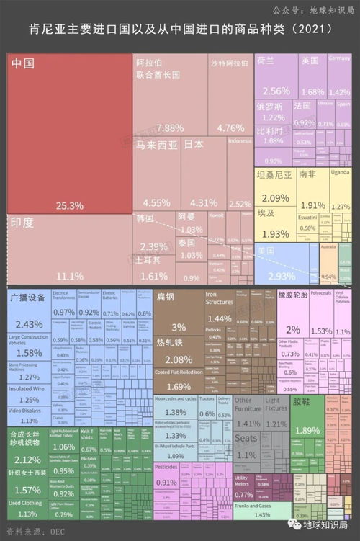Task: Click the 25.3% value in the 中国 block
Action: click(70, 205)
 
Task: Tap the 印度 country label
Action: click(22, 223)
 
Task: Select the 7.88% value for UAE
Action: click(171, 128)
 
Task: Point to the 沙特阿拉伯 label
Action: click(230, 63)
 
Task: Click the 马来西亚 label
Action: click(156, 145)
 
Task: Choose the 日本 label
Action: click(193, 145)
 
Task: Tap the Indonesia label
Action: click(240, 141)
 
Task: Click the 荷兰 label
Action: click(266, 61)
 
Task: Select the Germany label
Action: click(339, 58)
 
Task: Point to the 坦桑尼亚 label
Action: click(274, 175)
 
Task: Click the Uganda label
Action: click(340, 173)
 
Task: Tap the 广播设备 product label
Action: click(28, 298)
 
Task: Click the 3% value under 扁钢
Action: click(178, 327)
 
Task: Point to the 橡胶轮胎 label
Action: click(292, 295)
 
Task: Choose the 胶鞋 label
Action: click(301, 401)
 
